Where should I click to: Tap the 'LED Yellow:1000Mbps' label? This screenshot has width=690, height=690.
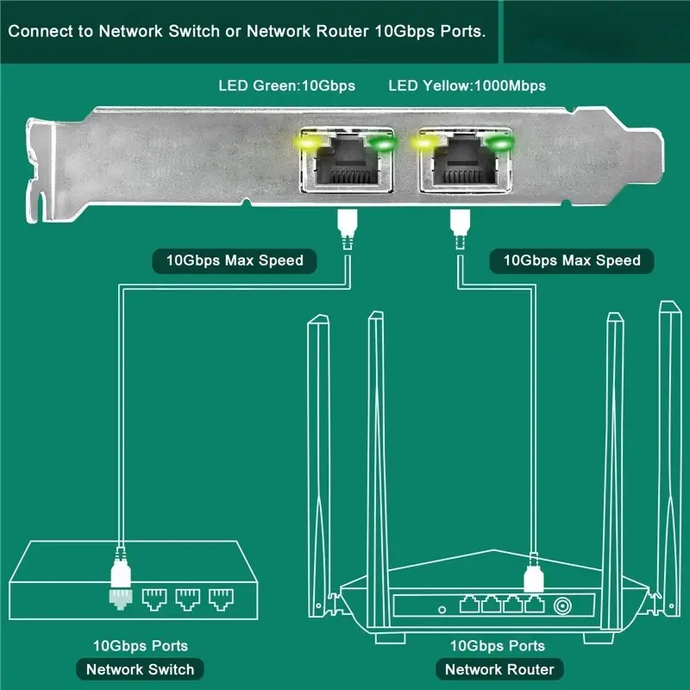click(467, 85)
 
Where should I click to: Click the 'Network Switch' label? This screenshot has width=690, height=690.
click(141, 668)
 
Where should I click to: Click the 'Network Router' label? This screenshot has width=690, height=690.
click(499, 668)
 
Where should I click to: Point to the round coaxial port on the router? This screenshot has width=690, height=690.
click(565, 605)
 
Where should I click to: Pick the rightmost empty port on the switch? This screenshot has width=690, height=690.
click(221, 596)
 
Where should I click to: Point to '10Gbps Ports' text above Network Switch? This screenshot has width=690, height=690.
click(141, 645)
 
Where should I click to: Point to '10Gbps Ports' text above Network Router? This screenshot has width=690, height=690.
click(498, 645)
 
